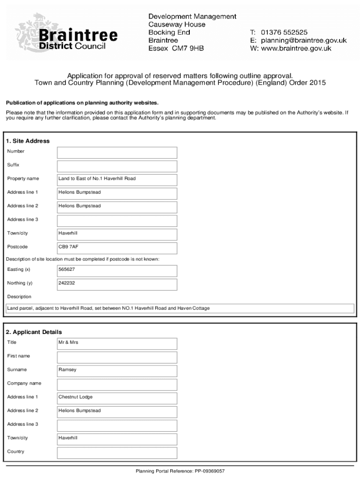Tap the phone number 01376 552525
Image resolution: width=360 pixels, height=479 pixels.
(x=284, y=32)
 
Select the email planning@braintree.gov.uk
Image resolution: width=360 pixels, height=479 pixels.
(x=303, y=40)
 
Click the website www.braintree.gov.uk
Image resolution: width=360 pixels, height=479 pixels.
(x=296, y=48)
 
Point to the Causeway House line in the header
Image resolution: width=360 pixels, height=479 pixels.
(x=177, y=24)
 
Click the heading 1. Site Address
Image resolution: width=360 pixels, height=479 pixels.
(x=28, y=141)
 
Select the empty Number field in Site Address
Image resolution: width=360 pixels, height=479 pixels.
(x=117, y=152)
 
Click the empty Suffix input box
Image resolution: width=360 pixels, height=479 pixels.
(x=117, y=166)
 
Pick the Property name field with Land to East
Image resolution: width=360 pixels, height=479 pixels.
(x=117, y=180)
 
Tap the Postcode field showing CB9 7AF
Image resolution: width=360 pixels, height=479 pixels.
(x=117, y=248)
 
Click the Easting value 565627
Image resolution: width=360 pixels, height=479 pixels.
(x=117, y=270)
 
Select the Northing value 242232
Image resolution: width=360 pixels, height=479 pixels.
(x=117, y=284)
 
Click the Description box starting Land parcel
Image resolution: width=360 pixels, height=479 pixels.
(x=180, y=309)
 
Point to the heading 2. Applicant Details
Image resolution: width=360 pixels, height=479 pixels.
(x=34, y=332)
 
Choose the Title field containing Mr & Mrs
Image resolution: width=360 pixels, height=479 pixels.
(x=117, y=343)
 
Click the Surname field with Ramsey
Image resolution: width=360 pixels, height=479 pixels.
(x=117, y=371)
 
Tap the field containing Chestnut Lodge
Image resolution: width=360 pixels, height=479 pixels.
(x=117, y=398)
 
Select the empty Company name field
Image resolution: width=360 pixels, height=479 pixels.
(x=117, y=385)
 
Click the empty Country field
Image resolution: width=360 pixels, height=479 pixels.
(x=117, y=453)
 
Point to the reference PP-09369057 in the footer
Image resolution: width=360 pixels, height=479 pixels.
(x=213, y=471)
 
